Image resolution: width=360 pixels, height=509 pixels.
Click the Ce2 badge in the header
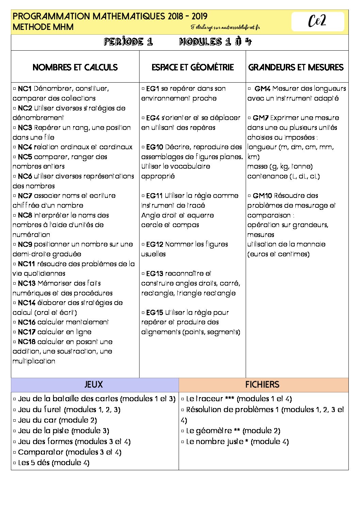tap(317, 21)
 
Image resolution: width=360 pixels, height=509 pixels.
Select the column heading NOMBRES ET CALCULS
tap(75, 67)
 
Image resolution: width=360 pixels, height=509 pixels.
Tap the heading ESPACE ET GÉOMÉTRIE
tap(193, 67)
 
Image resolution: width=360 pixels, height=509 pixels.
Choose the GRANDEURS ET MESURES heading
tap(296, 67)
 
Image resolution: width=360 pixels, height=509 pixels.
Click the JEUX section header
tap(94, 385)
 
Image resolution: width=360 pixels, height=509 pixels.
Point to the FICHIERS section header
tap(262, 385)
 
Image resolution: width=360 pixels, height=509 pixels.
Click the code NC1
tap(24, 89)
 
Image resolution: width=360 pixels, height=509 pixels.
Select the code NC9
tap(24, 244)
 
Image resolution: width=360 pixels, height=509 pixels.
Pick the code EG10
tap(154, 147)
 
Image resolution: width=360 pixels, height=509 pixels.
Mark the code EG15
tap(154, 312)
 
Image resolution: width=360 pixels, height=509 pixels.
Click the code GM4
tap(262, 89)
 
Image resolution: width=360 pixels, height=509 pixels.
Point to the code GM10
tap(262, 196)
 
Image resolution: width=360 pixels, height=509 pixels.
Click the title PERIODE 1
tap(128, 42)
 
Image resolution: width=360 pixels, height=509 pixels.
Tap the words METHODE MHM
tap(43, 27)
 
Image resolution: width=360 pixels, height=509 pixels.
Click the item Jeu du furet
tap(39, 410)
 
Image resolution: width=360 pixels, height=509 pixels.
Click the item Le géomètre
tap(209, 431)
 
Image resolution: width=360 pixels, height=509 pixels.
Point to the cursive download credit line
tap(225, 27)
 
